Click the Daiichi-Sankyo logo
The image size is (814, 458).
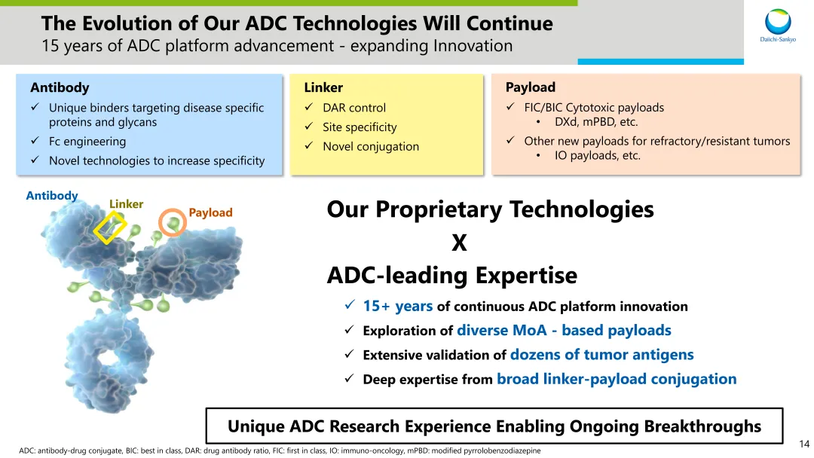(x=778, y=25)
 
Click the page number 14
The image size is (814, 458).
(x=804, y=444)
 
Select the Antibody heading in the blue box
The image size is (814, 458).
(x=60, y=87)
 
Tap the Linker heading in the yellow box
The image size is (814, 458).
(x=323, y=87)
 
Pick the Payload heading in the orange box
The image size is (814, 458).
(x=531, y=87)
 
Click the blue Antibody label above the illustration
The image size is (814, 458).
(x=52, y=196)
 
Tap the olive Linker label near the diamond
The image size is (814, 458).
(x=126, y=204)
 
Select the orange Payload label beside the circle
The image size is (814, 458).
(x=210, y=212)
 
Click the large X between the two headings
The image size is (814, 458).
(x=459, y=243)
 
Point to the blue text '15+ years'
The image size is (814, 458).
(x=398, y=306)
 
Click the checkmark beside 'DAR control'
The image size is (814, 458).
(x=309, y=107)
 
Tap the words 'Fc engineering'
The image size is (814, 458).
(x=87, y=141)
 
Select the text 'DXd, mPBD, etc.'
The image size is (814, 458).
(x=596, y=122)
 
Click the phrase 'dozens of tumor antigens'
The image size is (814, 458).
(x=602, y=354)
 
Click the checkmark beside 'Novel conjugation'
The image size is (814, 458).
(x=309, y=145)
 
